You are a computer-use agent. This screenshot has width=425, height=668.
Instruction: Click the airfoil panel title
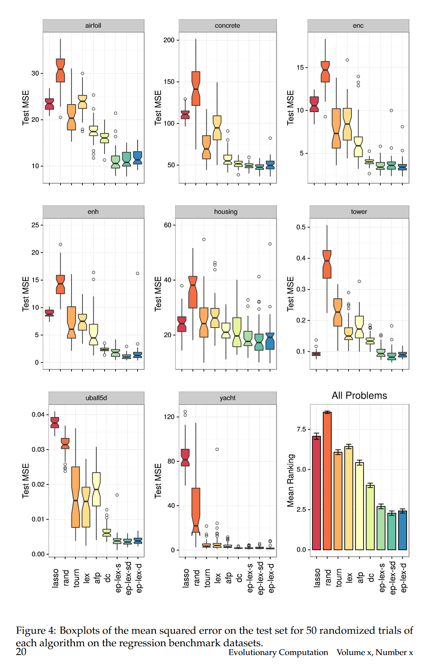click(93, 26)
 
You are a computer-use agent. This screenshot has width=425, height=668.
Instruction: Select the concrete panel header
click(227, 26)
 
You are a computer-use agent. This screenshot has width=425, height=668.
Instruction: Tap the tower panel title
click(359, 212)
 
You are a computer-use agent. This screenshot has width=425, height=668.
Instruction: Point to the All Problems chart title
click(359, 396)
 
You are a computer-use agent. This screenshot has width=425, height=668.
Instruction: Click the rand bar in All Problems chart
click(327, 481)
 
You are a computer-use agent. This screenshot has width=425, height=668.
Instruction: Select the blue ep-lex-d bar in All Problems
click(402, 530)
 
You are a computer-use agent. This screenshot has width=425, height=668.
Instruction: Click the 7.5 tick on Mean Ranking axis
click(301, 429)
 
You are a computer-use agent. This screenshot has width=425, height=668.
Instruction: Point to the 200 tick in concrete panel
click(169, 40)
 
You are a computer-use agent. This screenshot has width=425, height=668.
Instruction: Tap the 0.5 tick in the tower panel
click(301, 227)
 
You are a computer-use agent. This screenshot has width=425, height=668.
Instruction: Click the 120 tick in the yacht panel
click(169, 417)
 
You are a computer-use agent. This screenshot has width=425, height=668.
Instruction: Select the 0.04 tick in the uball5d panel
click(38, 415)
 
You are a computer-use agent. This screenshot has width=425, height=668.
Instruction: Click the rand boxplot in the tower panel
click(327, 264)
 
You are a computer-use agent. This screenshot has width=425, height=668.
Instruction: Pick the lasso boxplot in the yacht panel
click(185, 458)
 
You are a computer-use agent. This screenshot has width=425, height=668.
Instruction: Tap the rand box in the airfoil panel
click(61, 70)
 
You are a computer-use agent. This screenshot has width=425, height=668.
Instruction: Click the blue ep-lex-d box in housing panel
click(270, 341)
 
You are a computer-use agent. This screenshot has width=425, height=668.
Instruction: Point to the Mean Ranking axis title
click(291, 481)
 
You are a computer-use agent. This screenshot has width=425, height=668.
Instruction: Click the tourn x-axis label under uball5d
click(76, 578)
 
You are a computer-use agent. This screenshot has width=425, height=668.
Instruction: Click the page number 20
click(21, 652)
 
